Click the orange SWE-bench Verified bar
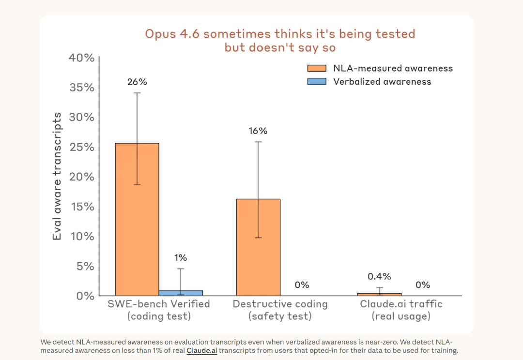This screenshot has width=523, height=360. tap(137, 219)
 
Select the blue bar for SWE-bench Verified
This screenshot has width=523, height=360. tap(181, 293)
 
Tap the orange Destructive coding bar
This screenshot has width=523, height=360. tap(258, 247)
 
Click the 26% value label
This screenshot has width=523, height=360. tap(137, 82)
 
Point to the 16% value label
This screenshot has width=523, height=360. tap(258, 131)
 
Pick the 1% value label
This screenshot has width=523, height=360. tap(181, 258)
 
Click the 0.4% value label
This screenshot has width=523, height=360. tap(379, 276)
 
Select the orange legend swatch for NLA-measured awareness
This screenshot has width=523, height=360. tap(317, 68)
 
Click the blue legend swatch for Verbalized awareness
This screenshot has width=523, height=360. tap(317, 82)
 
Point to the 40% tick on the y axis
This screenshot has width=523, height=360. tap(82, 58)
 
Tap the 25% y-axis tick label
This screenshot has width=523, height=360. tap(82, 147)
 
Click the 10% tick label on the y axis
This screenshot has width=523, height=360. tap(82, 236)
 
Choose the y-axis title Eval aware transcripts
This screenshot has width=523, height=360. tap(57, 176)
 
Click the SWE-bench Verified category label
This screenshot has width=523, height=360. tap(159, 310)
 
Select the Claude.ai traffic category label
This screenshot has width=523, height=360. tap(401, 310)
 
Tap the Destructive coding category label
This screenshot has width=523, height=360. tap(280, 310)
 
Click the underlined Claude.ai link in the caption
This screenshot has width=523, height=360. tap(202, 351)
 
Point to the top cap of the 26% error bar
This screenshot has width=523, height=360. tap(137, 93)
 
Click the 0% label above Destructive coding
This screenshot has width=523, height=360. tap(302, 285)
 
